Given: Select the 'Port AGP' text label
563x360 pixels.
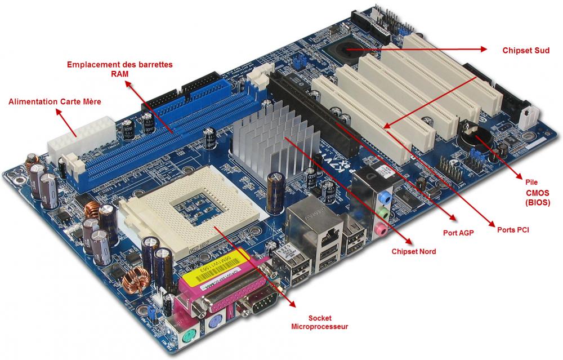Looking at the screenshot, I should [x=457, y=231].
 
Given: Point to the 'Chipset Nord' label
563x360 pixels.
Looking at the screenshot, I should [x=413, y=251].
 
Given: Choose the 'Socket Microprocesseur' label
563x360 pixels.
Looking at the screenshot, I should [x=319, y=322].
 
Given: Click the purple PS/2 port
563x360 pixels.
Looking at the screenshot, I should [x=216, y=323].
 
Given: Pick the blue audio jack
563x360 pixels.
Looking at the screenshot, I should [x=385, y=198].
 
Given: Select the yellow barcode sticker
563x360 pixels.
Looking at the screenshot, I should [x=216, y=270].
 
